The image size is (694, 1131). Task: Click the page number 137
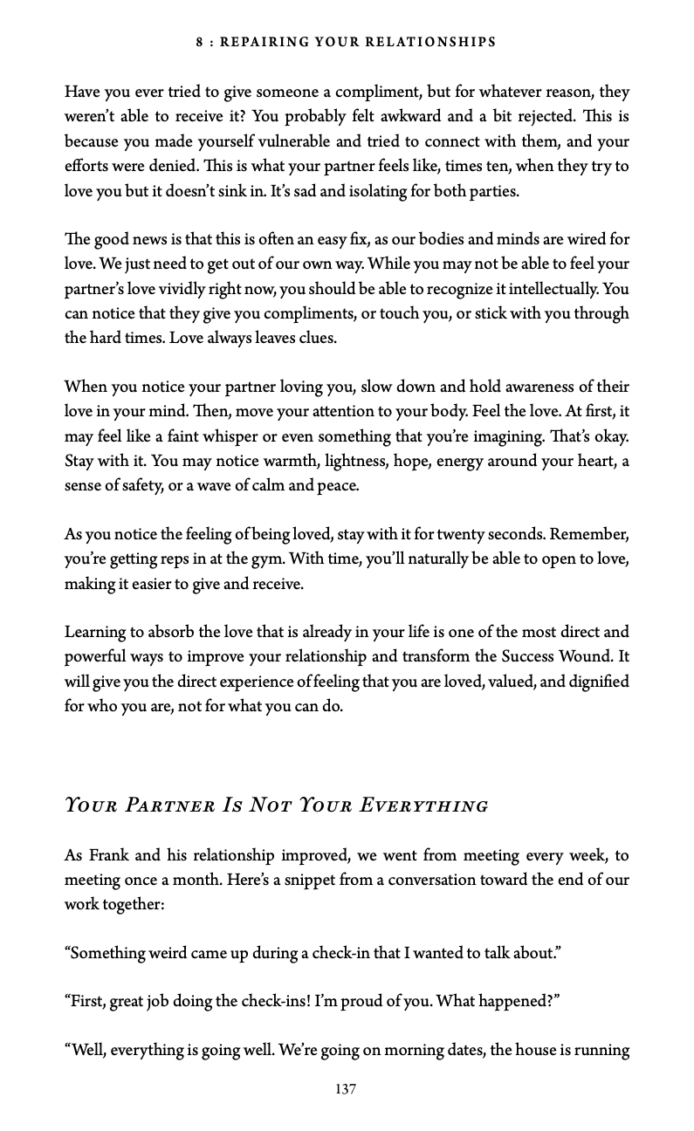point(346,1089)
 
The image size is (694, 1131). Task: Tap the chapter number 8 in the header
point(200,42)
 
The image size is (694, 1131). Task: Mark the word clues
point(318,338)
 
